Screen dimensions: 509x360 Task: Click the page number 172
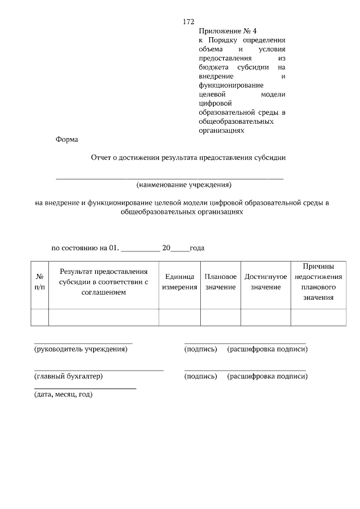tap(188, 22)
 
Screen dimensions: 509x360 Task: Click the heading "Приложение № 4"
tap(224, 31)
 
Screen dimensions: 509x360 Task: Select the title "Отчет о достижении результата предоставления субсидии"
tap(188, 158)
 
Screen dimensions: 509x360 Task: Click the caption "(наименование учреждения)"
tap(184, 184)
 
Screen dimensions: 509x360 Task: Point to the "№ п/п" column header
tap(40, 282)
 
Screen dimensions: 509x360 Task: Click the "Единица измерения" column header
tap(179, 282)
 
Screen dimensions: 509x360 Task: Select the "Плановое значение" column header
tap(220, 282)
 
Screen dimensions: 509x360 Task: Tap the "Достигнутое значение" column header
tap(265, 282)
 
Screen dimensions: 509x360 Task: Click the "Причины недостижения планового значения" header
tap(318, 281)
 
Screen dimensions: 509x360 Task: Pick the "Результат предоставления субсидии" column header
tap(103, 282)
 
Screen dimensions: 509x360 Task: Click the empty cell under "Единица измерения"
tap(179, 317)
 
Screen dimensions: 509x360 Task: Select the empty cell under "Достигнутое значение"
tap(265, 317)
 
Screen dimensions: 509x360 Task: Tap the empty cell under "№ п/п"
tap(40, 317)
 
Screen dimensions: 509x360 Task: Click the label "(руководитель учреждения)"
tap(81, 349)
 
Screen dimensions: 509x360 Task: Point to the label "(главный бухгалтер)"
tap(69, 376)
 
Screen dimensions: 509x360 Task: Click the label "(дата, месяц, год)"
tap(63, 394)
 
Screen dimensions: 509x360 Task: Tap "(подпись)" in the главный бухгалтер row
tap(200, 376)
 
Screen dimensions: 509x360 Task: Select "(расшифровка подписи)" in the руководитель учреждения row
tap(267, 349)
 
